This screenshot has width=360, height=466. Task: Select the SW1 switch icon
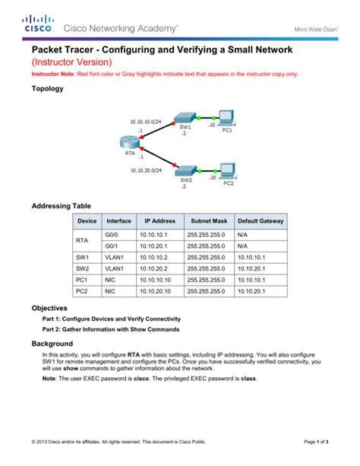tap(184, 118)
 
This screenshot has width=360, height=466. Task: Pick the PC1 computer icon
tap(226, 117)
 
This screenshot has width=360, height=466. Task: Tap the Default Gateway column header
tap(261, 220)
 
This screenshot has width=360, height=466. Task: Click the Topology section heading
tap(46, 89)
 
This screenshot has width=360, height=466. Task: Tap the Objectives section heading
tap(50, 308)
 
